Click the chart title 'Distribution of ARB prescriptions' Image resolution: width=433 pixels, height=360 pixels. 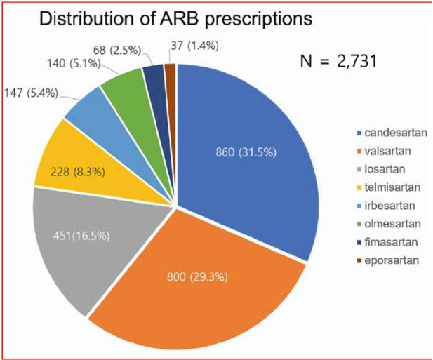tap(176, 19)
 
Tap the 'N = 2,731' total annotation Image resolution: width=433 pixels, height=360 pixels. tap(338, 61)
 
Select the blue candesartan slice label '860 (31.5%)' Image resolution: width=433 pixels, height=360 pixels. tap(246, 152)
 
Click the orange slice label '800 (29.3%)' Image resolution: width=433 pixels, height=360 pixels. tap(197, 276)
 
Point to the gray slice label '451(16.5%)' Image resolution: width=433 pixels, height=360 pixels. tap(81, 236)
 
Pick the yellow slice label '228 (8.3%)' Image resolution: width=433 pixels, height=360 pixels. tap(78, 172)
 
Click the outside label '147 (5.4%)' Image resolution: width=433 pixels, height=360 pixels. tap(31, 93)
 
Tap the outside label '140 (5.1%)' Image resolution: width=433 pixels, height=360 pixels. tap(74, 63)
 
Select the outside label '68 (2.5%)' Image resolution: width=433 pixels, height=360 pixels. tap(117, 51)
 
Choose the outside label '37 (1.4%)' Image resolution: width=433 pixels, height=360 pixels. tap(194, 46)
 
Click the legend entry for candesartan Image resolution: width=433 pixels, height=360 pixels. tap(392, 133)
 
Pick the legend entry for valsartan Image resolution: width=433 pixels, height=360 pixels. tap(384, 152)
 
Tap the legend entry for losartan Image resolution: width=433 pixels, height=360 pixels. tap(381, 169)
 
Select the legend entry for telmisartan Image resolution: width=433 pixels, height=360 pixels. tap(389, 187)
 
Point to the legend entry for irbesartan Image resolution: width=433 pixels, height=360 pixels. tap(386, 206)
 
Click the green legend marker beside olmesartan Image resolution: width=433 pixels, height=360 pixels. tap(359, 225)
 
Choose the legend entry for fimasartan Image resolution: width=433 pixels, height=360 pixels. tap(387, 242)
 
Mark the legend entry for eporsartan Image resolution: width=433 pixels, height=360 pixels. tap(388, 260)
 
